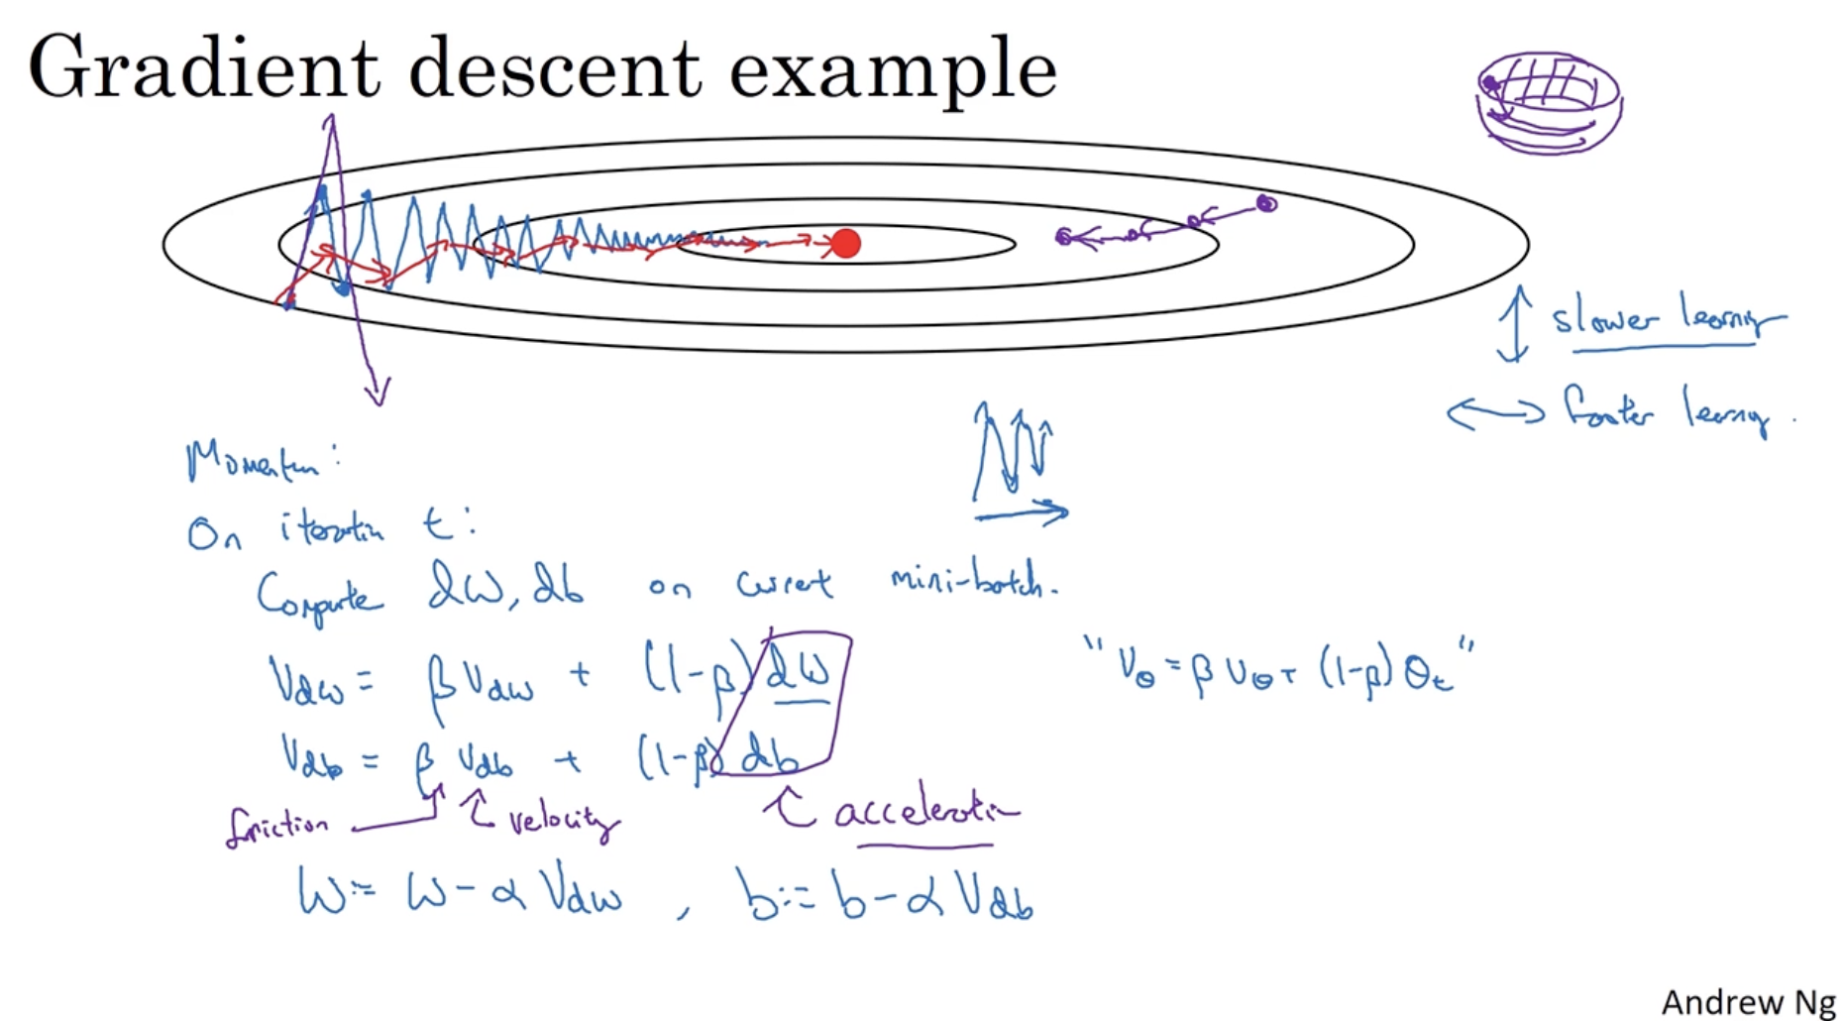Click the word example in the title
(x=892, y=71)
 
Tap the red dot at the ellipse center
(x=845, y=243)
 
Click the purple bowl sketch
(x=1548, y=102)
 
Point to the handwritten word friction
(x=276, y=827)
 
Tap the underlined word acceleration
(x=925, y=813)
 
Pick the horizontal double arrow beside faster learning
(x=1495, y=412)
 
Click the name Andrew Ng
(x=1748, y=1002)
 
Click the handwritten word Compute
(x=319, y=597)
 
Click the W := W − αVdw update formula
(x=461, y=893)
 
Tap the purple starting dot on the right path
(x=1266, y=204)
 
